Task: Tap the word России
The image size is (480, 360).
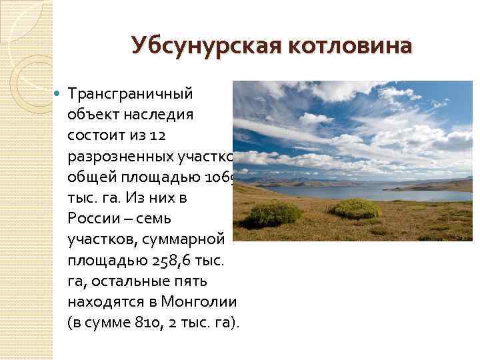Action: (94, 219)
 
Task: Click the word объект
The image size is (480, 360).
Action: (90, 115)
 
